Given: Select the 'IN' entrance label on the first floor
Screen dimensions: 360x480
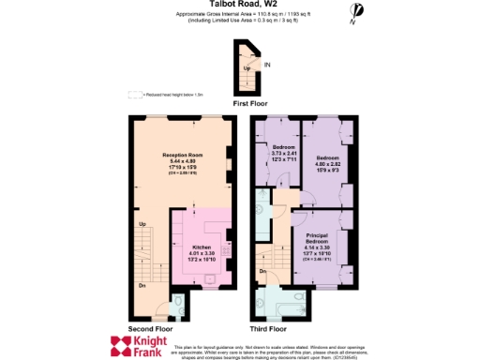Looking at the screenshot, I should [267, 65].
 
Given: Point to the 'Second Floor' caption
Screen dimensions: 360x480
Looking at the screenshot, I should [149, 328].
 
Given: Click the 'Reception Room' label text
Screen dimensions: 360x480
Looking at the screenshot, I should [183, 154].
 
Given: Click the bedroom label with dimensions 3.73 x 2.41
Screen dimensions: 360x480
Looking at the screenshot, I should [284, 148].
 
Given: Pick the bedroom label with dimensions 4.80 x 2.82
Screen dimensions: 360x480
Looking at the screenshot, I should [328, 157].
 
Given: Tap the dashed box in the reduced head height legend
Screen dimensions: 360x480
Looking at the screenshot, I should [135, 94].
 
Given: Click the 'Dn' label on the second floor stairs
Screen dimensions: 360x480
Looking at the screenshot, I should [142, 286].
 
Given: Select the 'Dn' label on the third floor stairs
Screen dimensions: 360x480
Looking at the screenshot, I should [263, 272].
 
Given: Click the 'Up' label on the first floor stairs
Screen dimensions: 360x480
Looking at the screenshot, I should [247, 68].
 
